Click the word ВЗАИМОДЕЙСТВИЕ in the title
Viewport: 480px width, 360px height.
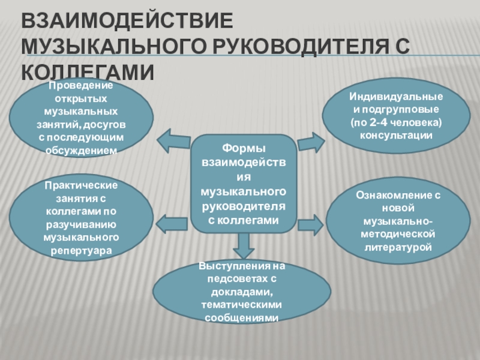[x=127, y=22]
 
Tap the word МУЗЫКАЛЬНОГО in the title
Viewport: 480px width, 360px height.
[x=116, y=47]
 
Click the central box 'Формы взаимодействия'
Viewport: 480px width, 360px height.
[x=243, y=183]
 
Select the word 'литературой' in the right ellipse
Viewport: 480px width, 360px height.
[x=396, y=247]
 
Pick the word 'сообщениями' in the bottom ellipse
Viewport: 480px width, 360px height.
[x=242, y=318]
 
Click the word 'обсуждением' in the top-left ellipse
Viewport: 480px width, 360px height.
[x=81, y=150]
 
